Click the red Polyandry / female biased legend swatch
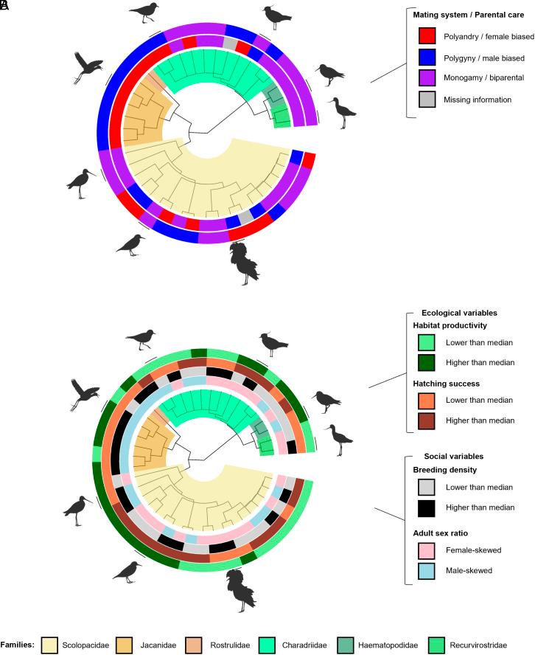tap(424, 35)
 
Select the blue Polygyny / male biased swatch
tap(424, 57)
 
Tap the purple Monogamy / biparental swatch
tap(424, 77)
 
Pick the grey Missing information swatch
tap(424, 99)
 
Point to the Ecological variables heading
tap(459, 312)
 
